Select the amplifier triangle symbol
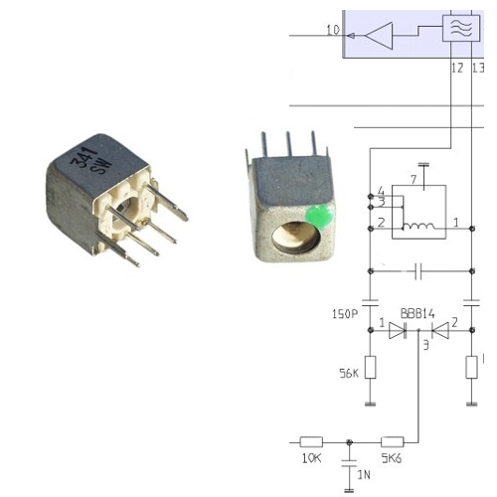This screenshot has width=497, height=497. click(379, 36)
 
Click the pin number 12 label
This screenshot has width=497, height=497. click(456, 69)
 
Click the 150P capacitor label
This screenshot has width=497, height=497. click(344, 314)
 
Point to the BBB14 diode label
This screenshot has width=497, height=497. click(417, 313)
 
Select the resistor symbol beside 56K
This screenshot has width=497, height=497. click(370, 369)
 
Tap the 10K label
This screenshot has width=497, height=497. click(311, 459)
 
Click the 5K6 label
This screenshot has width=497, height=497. click(392, 459)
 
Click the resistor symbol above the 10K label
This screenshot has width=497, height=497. click(311, 440)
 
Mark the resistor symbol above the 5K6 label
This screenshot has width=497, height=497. click(392, 440)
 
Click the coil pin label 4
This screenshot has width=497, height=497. click(381, 190)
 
